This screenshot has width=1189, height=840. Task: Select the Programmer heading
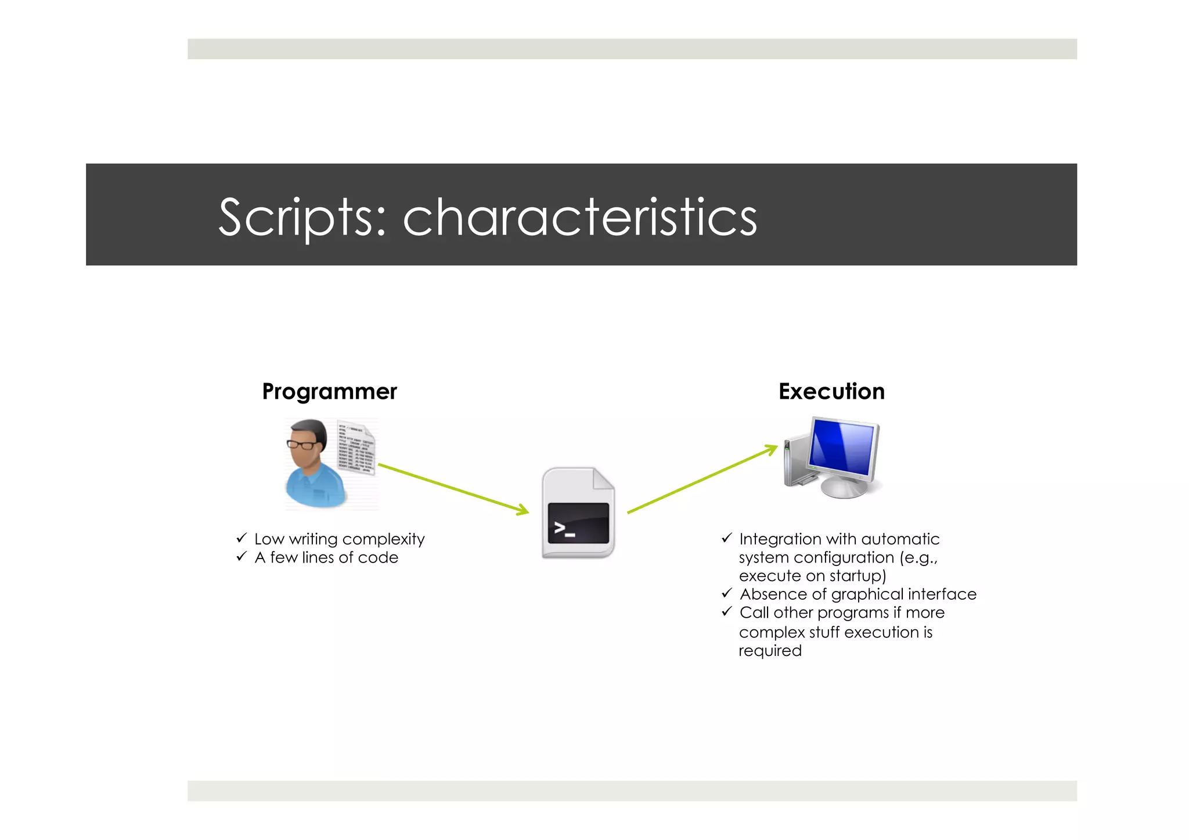[329, 392]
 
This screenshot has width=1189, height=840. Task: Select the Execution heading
[831, 392]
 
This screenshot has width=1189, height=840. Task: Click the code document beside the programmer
[356, 448]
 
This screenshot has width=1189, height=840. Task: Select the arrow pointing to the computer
[702, 480]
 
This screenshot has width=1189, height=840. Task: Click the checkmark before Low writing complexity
[242, 538]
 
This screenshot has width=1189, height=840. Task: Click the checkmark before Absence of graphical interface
[727, 593]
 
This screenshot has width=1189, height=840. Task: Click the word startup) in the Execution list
[857, 576]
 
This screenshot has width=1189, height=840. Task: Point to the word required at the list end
[770, 651]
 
